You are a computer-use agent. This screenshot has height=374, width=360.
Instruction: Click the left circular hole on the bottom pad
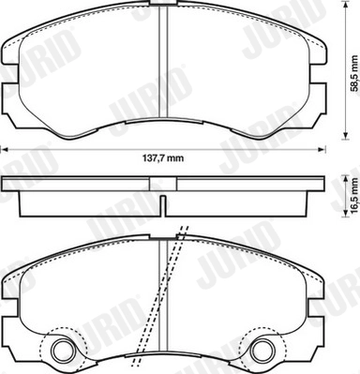click(x=65, y=351)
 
